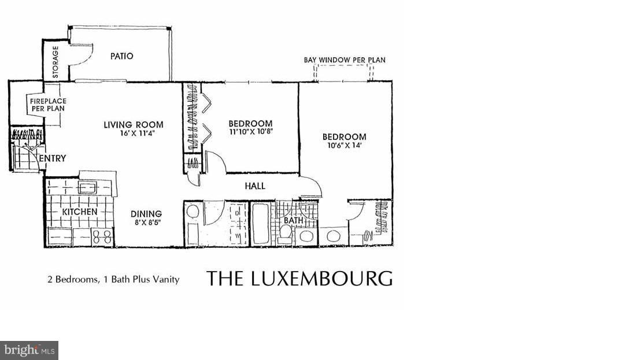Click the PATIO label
coord(121,56)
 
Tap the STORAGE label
coord(56,63)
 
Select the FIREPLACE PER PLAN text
coord(47,105)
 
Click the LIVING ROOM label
coord(134,124)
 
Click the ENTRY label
coord(53,158)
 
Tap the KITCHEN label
coord(80,212)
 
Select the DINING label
coord(146,214)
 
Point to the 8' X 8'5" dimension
coord(146,223)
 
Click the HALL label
coord(254,186)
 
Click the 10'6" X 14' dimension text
coord(344,146)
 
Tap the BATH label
coord(293,220)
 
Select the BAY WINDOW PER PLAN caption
coord(345,60)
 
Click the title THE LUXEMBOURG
coord(299,278)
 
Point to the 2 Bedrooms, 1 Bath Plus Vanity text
coord(113,279)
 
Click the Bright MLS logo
coord(29,350)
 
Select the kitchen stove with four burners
coord(102,237)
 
